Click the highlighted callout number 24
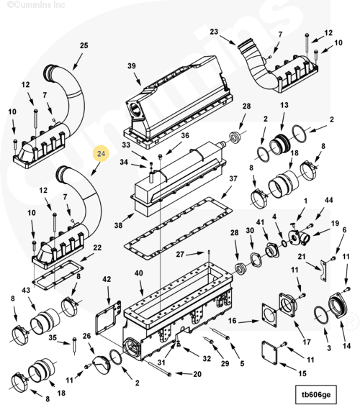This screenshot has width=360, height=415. tap(101, 154)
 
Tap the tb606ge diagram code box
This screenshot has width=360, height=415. tap(316, 395)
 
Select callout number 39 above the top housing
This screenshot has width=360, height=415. tap(132, 66)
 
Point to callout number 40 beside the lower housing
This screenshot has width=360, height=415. tap(138, 273)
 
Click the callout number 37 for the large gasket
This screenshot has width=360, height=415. tap(233, 178)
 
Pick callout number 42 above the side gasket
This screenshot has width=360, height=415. tap(107, 279)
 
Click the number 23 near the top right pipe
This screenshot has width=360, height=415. tap(214, 32)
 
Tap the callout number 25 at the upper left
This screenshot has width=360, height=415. tap(84, 45)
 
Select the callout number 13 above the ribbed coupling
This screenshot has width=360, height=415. tap(284, 105)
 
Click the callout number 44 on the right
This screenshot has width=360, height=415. tap(328, 200)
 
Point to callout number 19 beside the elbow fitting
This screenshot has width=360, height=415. tap(335, 224)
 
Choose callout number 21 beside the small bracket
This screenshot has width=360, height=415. tap(302, 257)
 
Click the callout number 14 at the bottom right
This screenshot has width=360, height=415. tap(346, 346)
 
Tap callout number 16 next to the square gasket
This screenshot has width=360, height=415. tap(232, 321)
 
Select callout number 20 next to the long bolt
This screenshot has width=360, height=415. tap(197, 374)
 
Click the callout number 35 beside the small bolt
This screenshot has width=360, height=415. tap(53, 338)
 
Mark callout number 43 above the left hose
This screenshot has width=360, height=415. tap(26, 291)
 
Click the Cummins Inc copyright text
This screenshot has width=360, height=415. tap(36, 4)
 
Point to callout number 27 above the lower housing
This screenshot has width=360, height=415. tap(180, 255)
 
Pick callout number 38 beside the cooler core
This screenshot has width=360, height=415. tap(118, 225)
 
